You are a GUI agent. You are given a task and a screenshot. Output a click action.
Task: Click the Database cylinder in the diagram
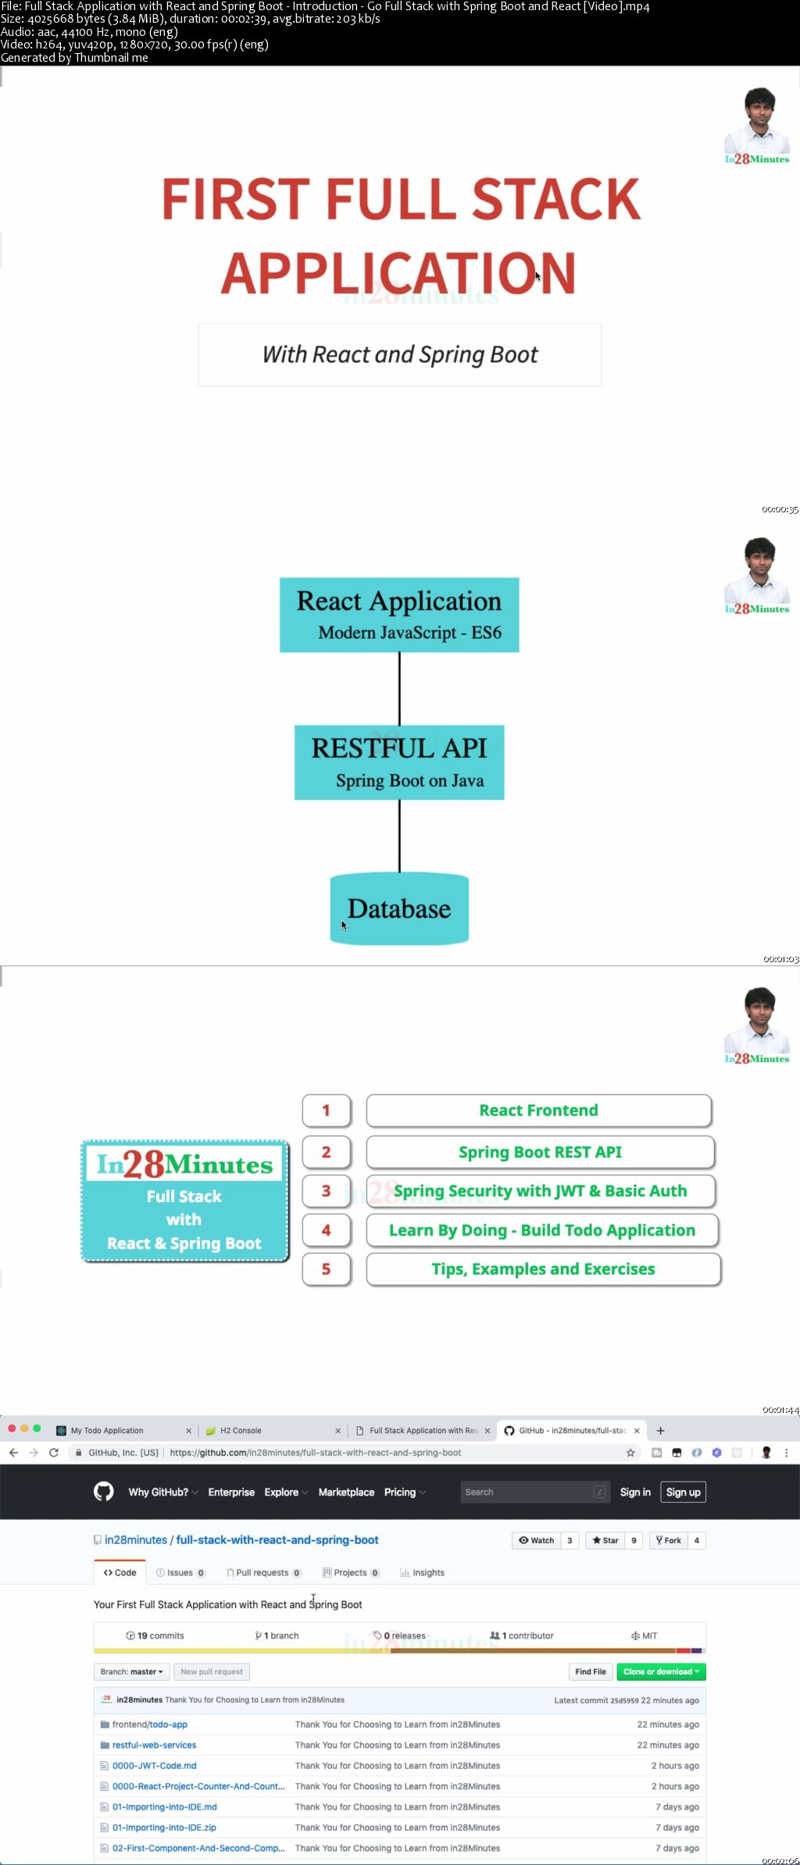coord(399,909)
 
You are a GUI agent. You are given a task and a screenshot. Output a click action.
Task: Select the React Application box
coord(399,615)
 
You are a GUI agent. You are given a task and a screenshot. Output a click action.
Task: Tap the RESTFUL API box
coord(399,762)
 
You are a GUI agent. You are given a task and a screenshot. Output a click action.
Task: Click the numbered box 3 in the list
coord(327,1191)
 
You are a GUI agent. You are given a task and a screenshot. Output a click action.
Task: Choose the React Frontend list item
coord(539,1111)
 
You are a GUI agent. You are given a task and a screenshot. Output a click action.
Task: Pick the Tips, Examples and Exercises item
coord(543,1269)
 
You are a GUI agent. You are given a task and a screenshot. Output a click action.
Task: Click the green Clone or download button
coord(661,1671)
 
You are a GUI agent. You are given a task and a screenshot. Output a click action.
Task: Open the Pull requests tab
coord(262,1573)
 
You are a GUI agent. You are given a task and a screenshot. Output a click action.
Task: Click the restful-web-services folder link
coord(154,1745)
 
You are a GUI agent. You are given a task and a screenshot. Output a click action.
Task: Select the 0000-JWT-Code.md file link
coord(154,1766)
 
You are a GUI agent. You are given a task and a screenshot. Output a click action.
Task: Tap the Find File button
coord(591,1671)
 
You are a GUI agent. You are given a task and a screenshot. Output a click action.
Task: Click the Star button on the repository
coord(605,1540)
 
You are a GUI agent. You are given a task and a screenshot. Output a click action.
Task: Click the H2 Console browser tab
coord(241,1431)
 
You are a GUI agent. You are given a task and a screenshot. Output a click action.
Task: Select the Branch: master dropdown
coord(131,1671)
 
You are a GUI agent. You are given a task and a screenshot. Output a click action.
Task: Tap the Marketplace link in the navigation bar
coord(346,1492)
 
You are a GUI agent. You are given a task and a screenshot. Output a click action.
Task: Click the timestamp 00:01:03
coord(780,959)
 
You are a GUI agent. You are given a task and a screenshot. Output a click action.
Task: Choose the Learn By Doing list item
coord(542,1230)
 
